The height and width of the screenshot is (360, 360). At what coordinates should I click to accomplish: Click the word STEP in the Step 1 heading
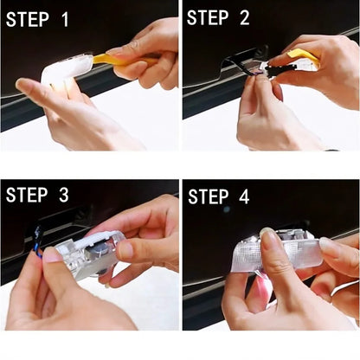[x=33, y=18]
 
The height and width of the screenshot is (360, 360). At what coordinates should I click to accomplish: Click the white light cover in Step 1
[x=67, y=68]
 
